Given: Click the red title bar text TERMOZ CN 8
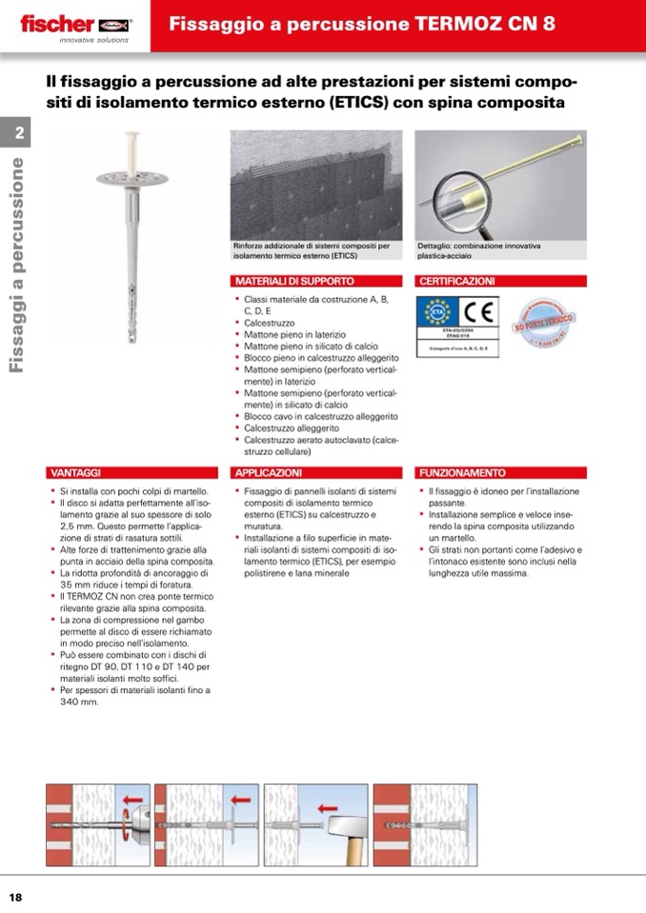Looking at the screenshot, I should (x=361, y=25).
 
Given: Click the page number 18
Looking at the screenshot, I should (x=16, y=897).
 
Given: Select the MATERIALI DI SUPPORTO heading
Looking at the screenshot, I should (x=294, y=282).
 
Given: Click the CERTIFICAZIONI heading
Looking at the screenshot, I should (x=457, y=282).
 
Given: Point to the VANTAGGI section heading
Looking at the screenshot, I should (x=75, y=472).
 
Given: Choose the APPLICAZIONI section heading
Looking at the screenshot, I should (x=269, y=472).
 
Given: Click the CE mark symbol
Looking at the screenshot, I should (x=476, y=314).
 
